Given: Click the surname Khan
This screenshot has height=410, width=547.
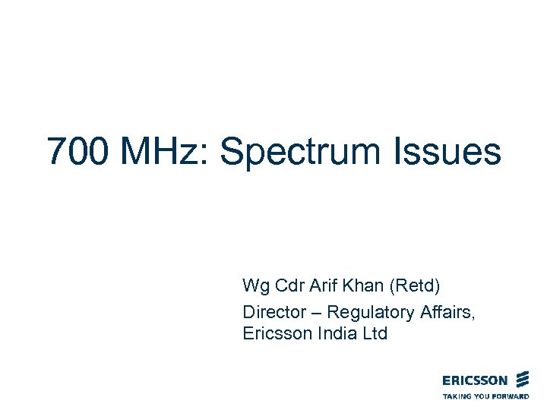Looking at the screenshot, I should pyautogui.click(x=362, y=286).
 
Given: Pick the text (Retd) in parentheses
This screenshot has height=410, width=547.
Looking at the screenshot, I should pyautogui.click(x=416, y=287).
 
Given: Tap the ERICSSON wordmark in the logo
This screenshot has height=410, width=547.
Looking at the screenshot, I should pyautogui.click(x=475, y=380).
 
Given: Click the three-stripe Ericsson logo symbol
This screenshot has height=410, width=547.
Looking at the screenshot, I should pyautogui.click(x=522, y=380).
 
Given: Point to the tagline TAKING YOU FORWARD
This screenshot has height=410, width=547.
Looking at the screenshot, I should pyautogui.click(x=485, y=396).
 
